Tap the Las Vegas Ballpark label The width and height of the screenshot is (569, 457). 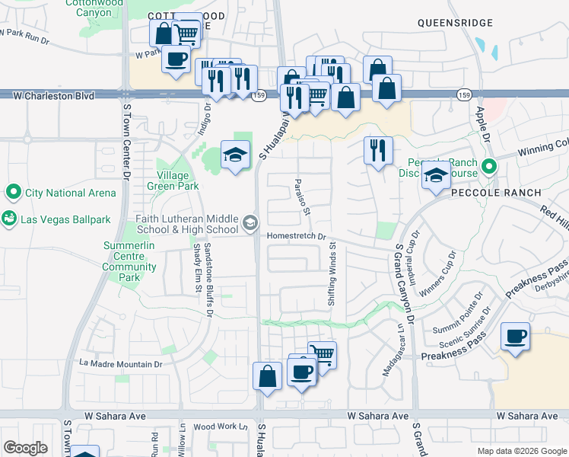click(66, 220)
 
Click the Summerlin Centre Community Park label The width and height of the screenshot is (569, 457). click(129, 257)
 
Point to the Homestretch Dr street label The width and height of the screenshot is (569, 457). click(296, 237)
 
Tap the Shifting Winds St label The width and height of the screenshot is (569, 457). click(332, 273)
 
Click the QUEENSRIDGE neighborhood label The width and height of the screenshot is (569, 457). click(456, 24)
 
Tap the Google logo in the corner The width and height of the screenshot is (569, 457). click(25, 448)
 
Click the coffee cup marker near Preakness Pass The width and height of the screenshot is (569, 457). click(516, 337)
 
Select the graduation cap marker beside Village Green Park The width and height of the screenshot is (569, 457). click(236, 155)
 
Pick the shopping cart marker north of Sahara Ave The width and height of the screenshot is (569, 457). click(323, 354)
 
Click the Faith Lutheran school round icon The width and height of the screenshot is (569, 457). click(250, 224)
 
